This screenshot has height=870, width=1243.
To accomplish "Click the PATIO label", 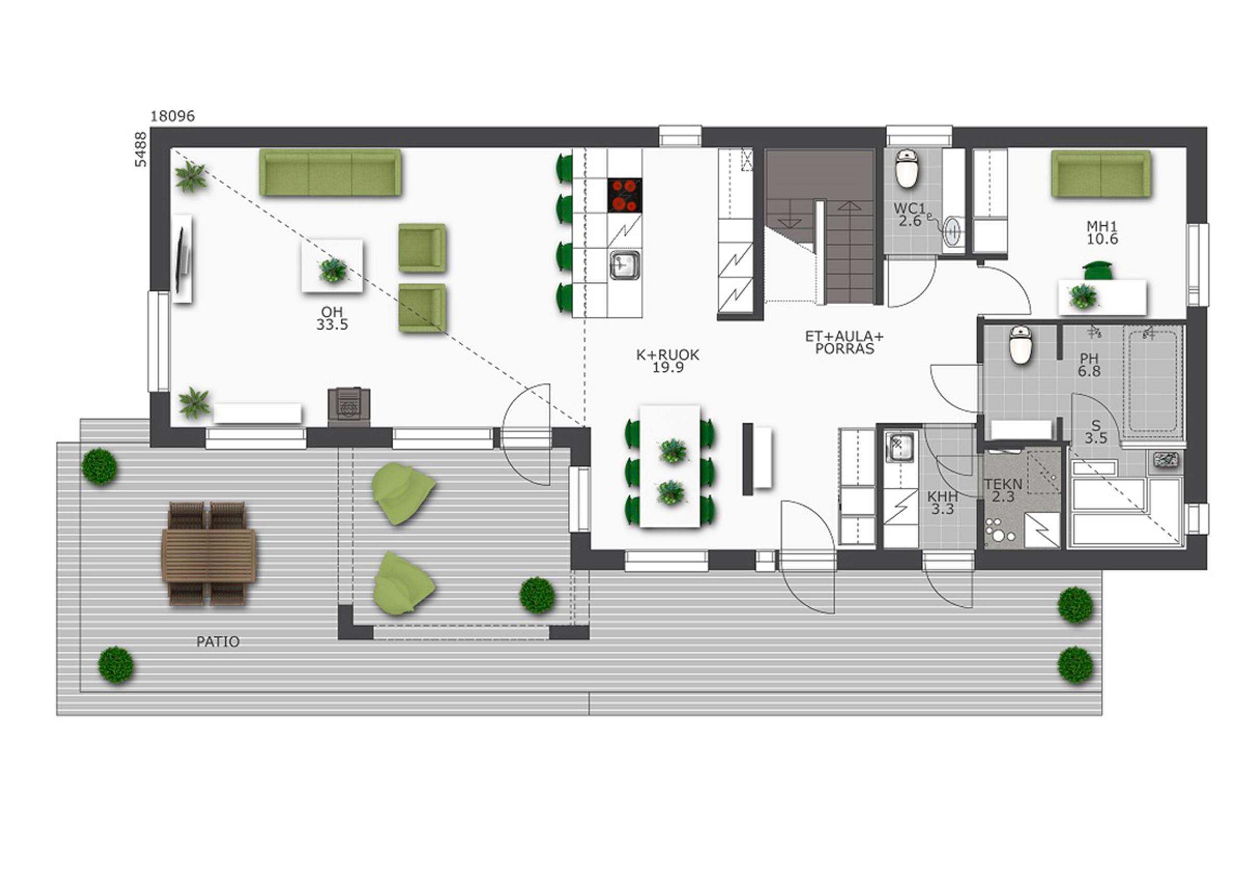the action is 217,642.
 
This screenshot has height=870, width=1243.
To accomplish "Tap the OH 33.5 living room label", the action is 332,318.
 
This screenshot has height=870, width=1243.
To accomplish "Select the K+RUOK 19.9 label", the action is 667,361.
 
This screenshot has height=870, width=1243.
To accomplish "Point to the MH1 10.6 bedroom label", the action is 1102,233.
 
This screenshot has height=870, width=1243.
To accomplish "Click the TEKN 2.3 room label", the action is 1003,490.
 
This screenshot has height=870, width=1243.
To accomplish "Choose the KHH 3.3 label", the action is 942,503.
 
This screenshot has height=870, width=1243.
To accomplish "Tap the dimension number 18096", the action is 172,116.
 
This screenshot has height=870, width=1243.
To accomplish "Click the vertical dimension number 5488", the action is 141,149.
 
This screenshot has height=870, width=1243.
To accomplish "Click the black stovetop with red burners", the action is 625,196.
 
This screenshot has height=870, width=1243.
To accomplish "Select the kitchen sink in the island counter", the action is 625,265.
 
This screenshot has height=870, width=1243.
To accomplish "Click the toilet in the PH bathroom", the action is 1020,345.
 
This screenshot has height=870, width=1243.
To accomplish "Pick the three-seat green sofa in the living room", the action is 330,173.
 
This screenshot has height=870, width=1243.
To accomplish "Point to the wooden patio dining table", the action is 209,555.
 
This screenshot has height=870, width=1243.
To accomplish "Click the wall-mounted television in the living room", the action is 183,259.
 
